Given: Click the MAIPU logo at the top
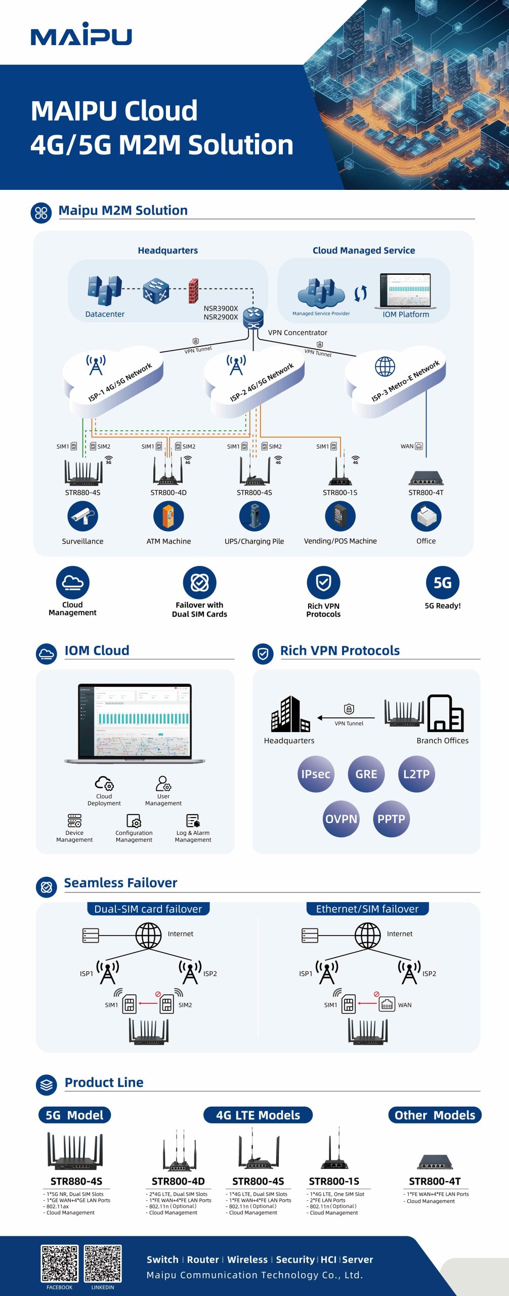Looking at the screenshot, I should pos(81,35).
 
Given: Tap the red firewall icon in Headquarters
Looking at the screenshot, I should pos(193,291).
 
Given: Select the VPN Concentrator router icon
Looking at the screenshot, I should pos(253,317).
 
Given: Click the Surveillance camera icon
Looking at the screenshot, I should pos(82,516).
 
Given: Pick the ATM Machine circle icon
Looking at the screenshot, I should pos(168,516).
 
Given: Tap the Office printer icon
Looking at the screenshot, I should pos(426,516).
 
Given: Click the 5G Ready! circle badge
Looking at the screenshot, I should pos(442,582).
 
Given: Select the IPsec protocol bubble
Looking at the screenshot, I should pos(316,774).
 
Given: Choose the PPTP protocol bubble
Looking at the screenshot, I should pos(391,819).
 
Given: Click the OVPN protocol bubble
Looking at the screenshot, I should pos(341,819).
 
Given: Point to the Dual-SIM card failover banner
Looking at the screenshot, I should pos(148,909).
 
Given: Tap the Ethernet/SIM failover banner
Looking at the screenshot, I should pos(367,909).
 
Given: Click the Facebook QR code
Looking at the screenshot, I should pos(60,1263).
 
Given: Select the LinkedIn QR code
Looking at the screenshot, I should pos(103,1263).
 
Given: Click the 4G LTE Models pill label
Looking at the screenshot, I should pos(258,1115).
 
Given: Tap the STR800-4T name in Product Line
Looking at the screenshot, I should pos(435,1181).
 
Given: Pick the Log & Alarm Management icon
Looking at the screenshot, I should pos(193,820).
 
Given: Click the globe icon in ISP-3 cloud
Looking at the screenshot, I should pos(385,366).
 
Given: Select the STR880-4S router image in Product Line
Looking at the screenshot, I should pos(75,1151).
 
